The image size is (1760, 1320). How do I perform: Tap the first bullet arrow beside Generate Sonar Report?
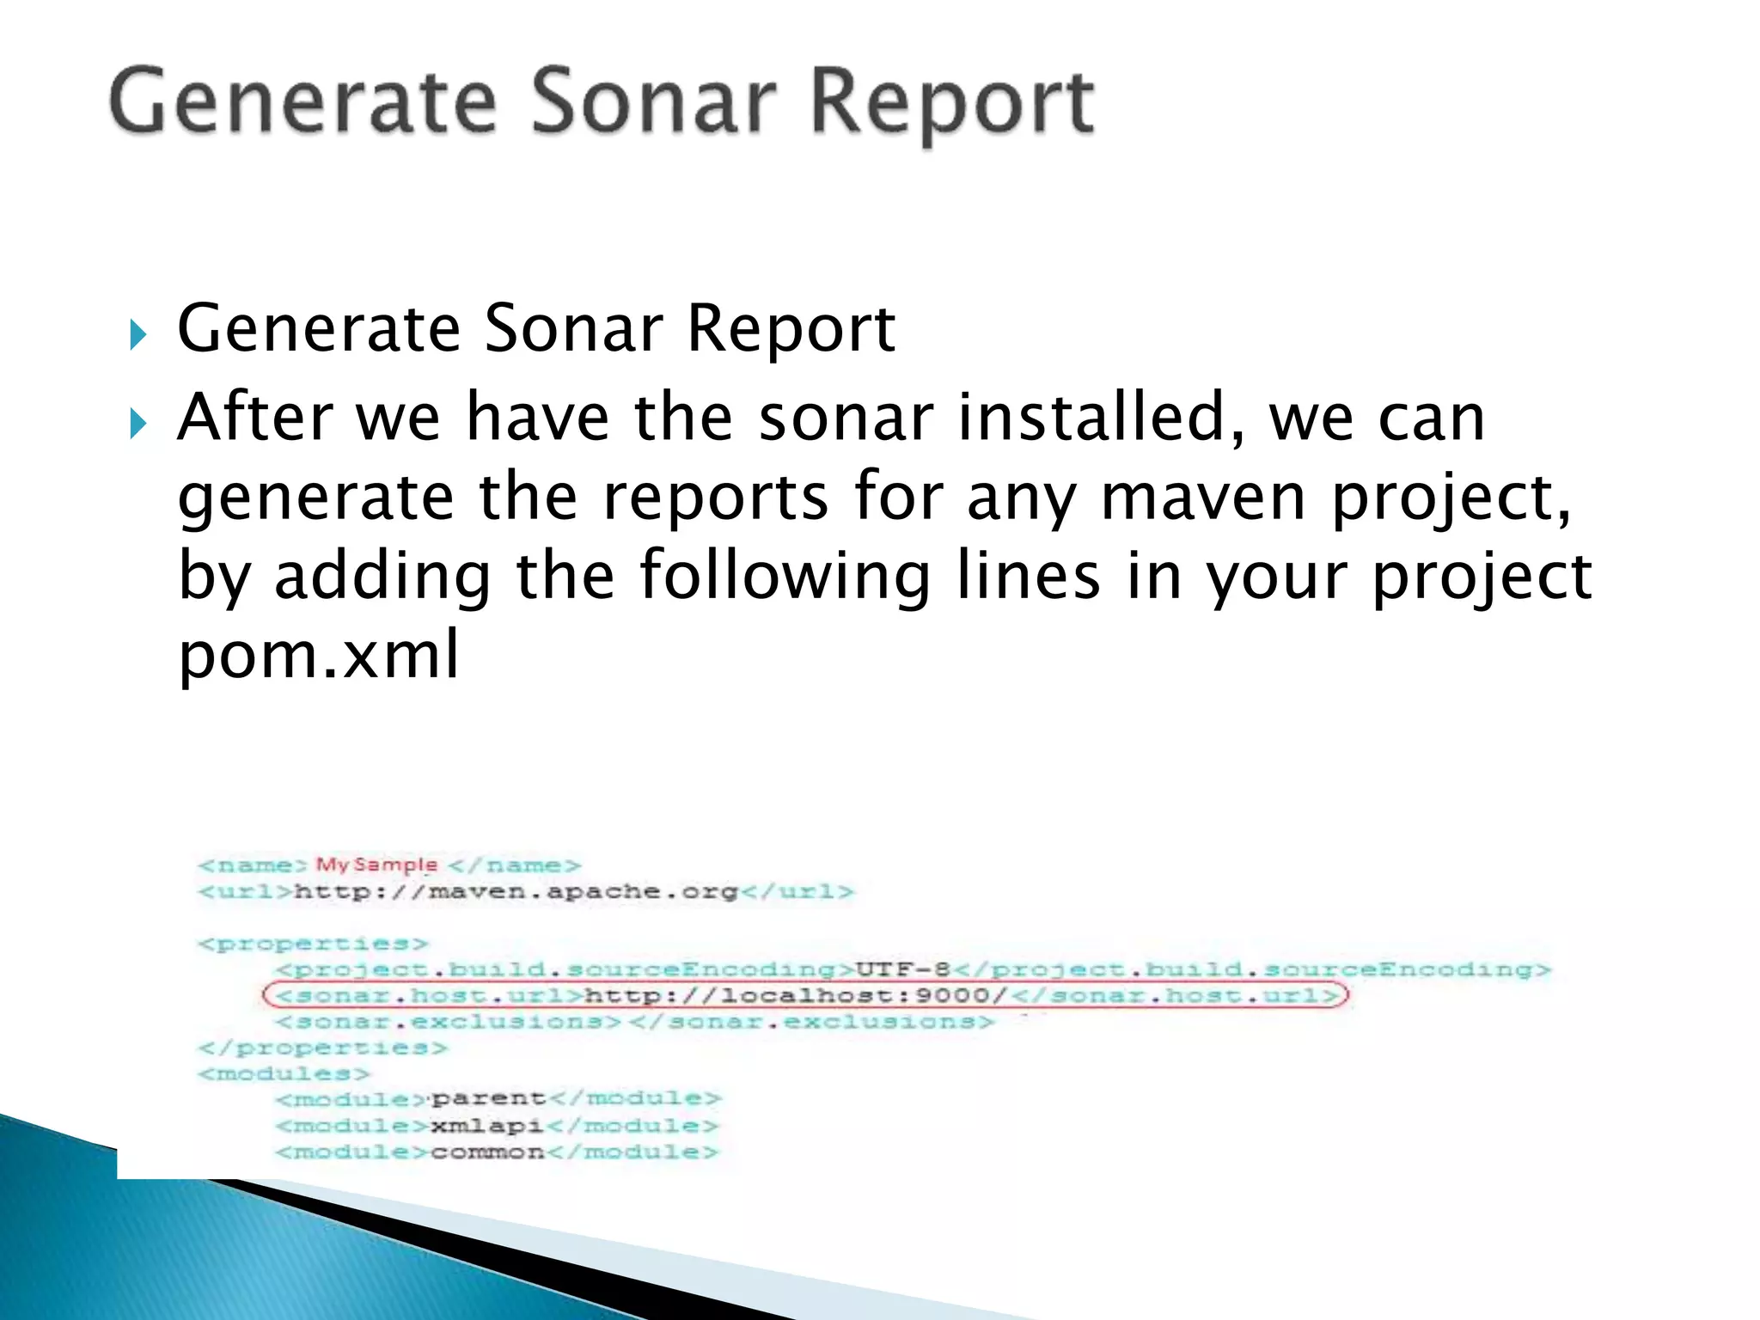point(138,334)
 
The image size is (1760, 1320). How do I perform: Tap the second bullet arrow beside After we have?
point(138,423)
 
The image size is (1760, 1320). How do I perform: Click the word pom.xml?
point(319,655)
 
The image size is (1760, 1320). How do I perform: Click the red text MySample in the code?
point(376,865)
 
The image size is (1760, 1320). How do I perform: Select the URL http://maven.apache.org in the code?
point(516,891)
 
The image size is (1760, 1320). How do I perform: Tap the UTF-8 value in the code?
point(902,969)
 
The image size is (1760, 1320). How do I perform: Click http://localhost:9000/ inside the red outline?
point(795,996)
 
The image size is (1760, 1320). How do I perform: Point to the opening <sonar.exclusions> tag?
point(448,1022)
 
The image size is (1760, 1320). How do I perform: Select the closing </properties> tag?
point(323,1048)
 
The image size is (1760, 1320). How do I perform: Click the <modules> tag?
point(284,1073)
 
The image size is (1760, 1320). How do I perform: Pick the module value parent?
point(488,1099)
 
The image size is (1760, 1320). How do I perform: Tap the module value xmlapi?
point(486,1126)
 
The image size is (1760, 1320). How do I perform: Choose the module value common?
point(487,1152)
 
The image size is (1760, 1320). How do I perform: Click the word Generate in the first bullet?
point(319,330)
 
